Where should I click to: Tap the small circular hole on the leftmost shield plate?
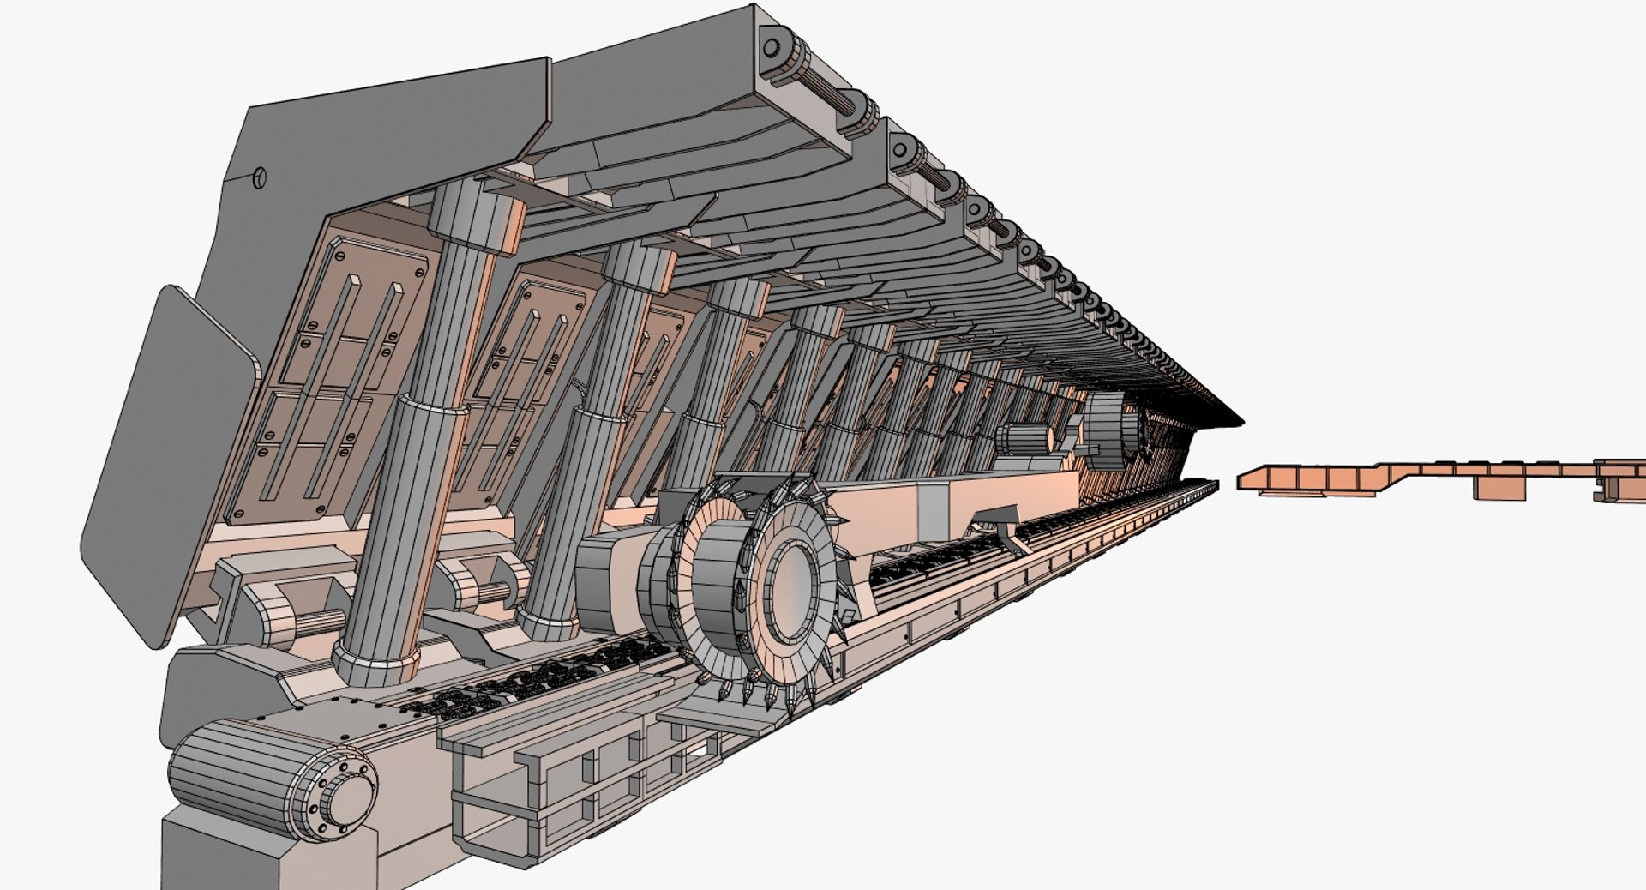click(260, 178)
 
